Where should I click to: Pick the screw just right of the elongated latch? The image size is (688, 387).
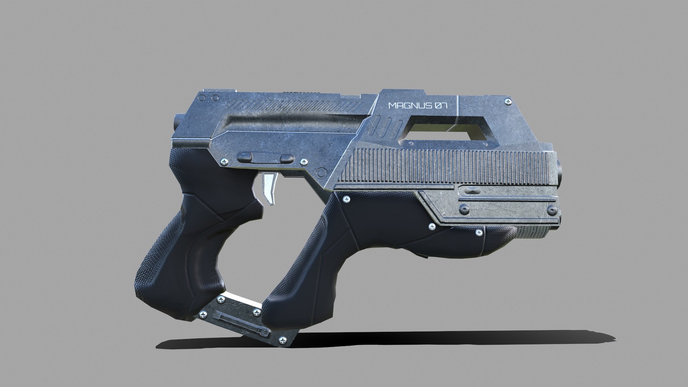click(304, 162)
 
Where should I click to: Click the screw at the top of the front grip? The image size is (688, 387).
click(347, 199)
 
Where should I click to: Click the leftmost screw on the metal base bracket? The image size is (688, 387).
click(204, 314)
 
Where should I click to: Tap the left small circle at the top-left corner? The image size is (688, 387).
click(202, 98)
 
